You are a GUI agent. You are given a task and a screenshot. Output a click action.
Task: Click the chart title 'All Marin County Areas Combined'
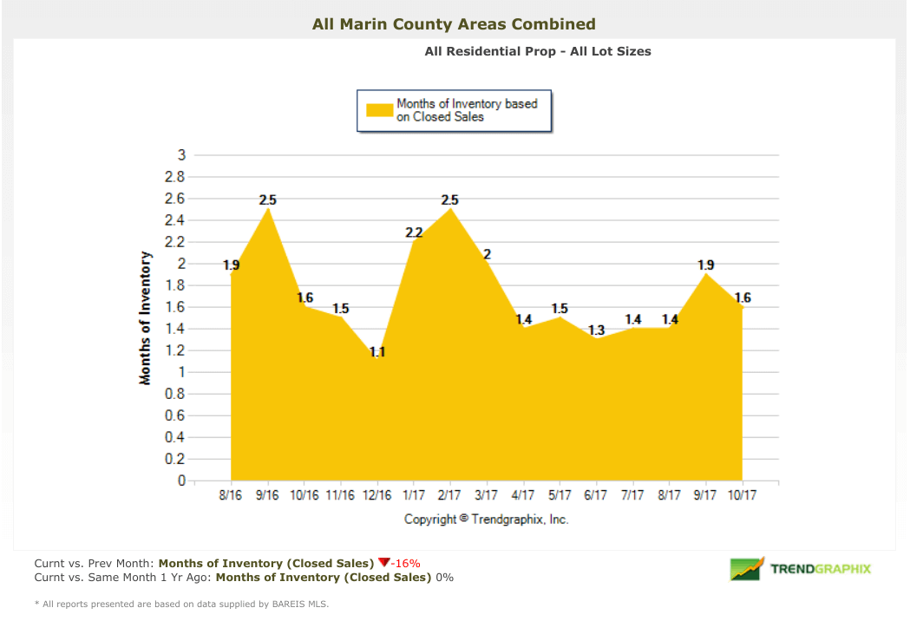point(454,24)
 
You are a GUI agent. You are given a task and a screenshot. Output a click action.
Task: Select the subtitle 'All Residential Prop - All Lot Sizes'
point(537,51)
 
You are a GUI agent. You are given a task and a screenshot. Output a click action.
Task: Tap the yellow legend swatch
point(379,110)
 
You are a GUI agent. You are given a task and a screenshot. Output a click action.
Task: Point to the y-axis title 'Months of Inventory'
point(146,318)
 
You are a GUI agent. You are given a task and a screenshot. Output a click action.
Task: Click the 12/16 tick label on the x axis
point(377,495)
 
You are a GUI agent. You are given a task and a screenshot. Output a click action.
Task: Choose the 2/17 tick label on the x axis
point(449,495)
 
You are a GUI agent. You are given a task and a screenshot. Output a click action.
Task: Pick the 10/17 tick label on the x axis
point(741,495)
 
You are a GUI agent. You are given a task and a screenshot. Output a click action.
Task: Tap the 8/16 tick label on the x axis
point(232,495)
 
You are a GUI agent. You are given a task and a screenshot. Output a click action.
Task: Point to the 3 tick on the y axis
point(181,155)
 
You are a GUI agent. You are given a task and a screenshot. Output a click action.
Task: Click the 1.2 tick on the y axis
point(176,350)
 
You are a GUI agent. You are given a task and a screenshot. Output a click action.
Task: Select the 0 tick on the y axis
point(181,480)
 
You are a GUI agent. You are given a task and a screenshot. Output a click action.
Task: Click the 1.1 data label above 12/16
point(377,352)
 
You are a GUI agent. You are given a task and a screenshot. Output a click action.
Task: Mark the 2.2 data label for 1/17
point(414,232)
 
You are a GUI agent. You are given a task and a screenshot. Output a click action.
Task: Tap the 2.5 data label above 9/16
point(268,200)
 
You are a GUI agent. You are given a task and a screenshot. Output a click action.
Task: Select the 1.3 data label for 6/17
point(596,330)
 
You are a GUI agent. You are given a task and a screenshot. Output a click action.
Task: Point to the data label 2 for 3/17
point(487,254)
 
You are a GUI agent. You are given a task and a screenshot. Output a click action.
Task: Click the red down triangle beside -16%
point(384,563)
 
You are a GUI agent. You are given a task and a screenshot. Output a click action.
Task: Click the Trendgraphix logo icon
point(746,569)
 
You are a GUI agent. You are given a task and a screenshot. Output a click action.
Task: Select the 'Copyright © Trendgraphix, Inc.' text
point(486,519)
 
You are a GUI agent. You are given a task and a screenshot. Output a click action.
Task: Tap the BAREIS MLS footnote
point(181,604)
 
